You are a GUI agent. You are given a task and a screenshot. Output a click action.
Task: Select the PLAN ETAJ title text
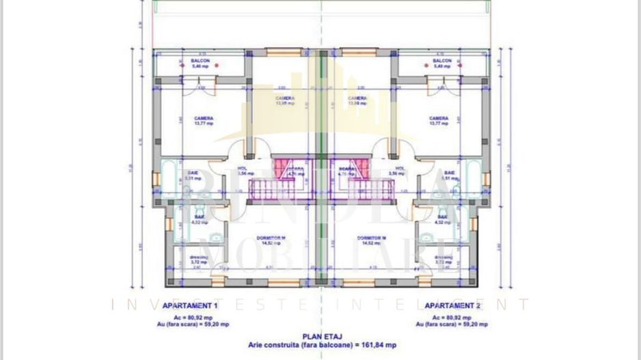click(x=321, y=337)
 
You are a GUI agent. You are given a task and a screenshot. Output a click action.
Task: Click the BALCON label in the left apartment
click(x=200, y=61)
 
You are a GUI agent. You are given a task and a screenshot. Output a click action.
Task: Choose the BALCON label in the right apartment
click(x=442, y=61)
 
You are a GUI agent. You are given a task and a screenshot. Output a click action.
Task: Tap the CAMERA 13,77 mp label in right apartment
click(x=439, y=120)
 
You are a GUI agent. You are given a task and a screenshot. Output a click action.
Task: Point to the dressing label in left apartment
click(x=199, y=259)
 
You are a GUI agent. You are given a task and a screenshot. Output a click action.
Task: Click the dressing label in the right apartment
click(x=445, y=259)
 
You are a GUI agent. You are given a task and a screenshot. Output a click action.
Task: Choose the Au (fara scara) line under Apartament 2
click(x=452, y=324)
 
